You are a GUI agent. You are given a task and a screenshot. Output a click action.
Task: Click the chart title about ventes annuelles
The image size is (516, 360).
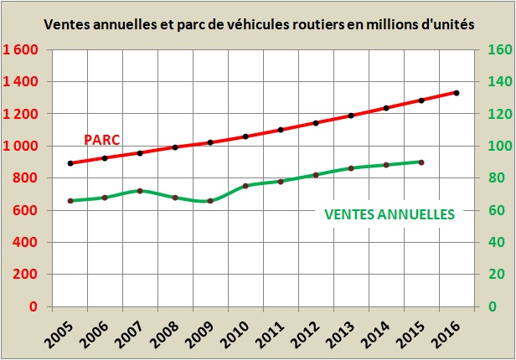(x=258, y=25)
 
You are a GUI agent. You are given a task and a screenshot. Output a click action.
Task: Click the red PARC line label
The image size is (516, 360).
(x=101, y=139)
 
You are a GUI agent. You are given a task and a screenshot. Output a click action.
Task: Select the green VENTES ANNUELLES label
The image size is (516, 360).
(x=389, y=213)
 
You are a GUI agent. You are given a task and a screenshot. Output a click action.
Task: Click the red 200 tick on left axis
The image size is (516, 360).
(x=28, y=275)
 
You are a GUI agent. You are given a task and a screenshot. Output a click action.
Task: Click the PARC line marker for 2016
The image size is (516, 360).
(x=457, y=92)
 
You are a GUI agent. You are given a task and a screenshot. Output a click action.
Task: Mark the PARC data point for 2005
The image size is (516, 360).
(x=70, y=163)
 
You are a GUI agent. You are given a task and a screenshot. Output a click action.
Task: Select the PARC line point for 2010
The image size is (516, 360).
(x=245, y=136)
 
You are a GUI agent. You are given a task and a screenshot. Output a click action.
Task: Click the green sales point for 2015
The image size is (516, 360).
(x=421, y=162)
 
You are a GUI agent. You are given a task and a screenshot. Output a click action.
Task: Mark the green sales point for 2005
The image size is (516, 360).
(x=70, y=201)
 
